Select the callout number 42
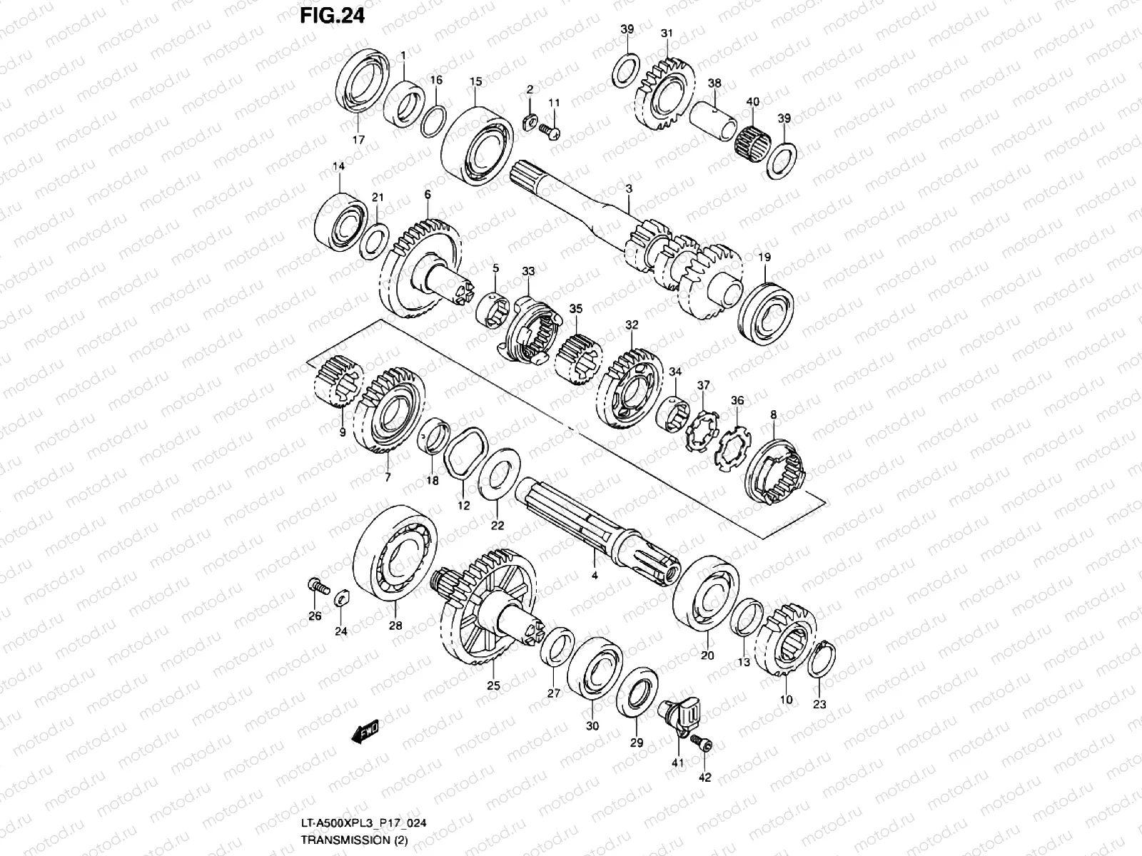coord(705,777)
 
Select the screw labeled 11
coord(552,131)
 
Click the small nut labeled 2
coord(530,118)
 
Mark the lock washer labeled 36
coord(731,449)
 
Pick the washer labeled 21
coord(374,240)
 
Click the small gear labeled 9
coord(339,385)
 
